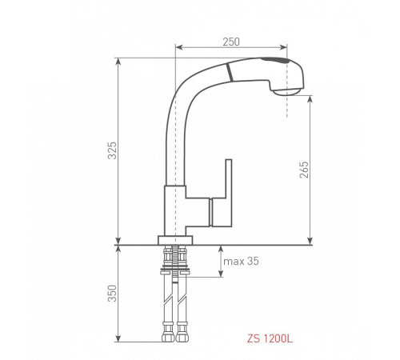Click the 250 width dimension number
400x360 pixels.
232,41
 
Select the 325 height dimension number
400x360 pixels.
114,150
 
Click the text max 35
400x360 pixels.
242,262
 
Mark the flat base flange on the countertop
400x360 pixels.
175,240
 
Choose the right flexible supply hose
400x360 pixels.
183,296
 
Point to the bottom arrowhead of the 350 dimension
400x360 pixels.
118,339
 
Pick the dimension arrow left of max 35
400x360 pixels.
220,262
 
